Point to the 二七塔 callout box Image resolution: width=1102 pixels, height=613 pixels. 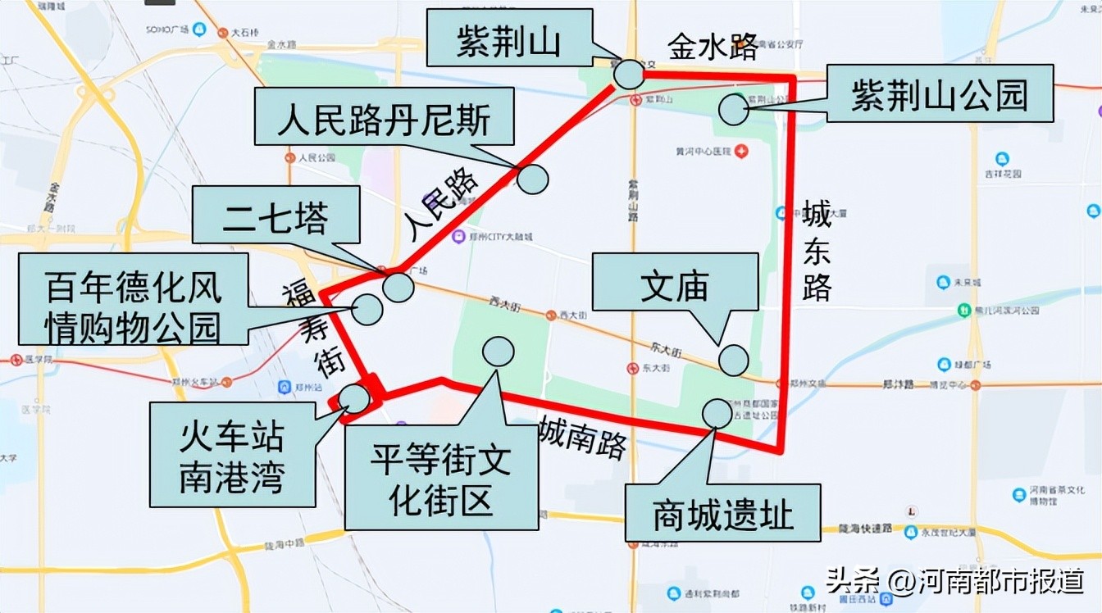[276, 215]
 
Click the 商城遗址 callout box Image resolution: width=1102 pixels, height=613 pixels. [723, 513]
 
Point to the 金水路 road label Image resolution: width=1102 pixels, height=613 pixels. [712, 48]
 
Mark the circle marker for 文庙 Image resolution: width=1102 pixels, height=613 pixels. [733, 360]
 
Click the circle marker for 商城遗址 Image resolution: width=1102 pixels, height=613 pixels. [717, 413]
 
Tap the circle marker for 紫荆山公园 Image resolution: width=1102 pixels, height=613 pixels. [733, 109]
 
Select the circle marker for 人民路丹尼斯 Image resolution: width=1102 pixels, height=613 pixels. [533, 178]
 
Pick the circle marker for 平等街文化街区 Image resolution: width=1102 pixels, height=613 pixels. [498, 351]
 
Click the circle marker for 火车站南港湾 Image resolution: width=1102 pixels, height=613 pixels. [354, 398]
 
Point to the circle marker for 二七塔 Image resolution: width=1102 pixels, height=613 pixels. [398, 287]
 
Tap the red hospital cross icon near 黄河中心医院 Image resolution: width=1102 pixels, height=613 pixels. [741, 151]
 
